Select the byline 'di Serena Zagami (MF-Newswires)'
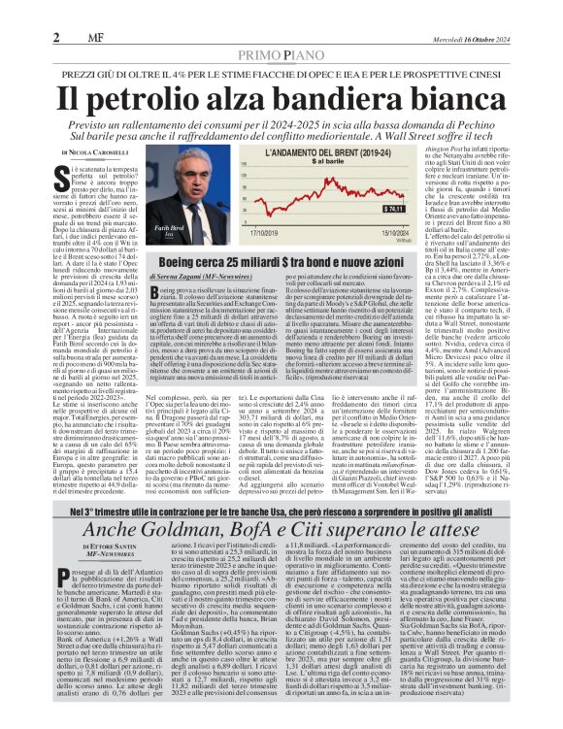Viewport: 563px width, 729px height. [207, 277]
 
